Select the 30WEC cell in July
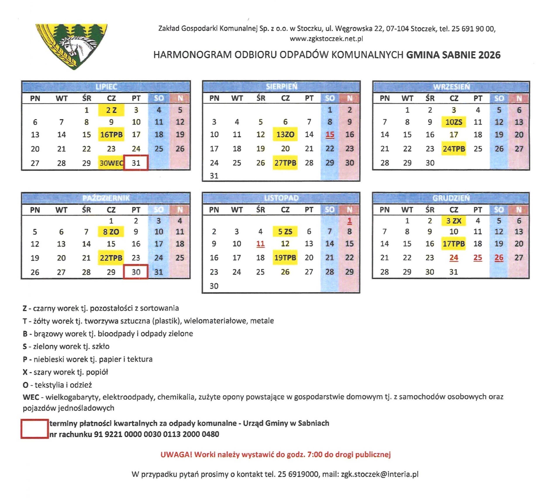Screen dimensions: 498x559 click(111, 163)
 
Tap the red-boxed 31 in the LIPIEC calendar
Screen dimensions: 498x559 click(136, 163)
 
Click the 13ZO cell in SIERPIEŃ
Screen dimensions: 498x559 click(285, 135)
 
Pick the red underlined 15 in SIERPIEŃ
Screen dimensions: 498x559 click(330, 135)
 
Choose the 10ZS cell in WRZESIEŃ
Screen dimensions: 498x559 click(454, 122)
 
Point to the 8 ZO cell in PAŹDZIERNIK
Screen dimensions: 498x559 click(111, 232)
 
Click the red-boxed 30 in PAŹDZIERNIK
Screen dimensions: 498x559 click(136, 272)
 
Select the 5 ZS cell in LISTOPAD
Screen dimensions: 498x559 click(285, 232)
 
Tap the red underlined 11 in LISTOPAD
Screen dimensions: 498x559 click(261, 244)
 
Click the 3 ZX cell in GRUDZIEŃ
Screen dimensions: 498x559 click(454, 221)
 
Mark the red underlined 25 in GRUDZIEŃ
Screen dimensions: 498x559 click(478, 258)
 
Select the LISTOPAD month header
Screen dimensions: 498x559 click(281, 198)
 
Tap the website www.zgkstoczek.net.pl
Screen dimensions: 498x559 click(326, 39)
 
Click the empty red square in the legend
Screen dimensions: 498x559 click(35, 429)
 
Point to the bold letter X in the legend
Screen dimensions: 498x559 click(25, 372)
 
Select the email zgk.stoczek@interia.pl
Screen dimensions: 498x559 click(380, 474)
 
